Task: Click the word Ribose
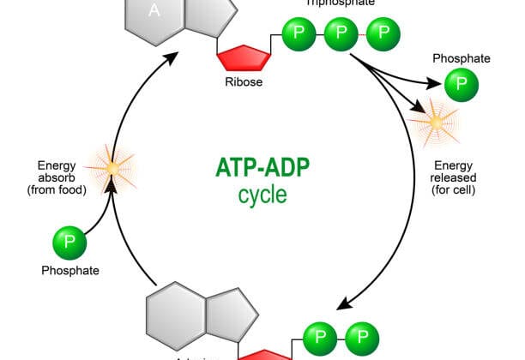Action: [244, 83]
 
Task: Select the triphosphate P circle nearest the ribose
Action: [299, 33]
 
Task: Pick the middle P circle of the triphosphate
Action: [341, 33]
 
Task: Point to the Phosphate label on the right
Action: [461, 58]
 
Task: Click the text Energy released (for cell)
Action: [453, 177]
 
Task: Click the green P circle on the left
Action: [70, 243]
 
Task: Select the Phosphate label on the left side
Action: [70, 271]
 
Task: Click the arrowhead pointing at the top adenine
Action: [172, 57]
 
